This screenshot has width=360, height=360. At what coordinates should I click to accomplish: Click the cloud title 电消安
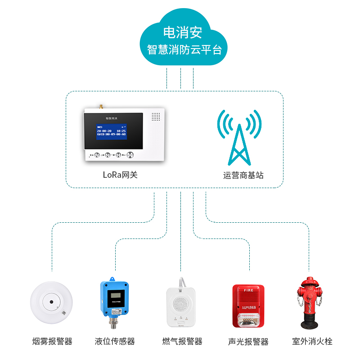tap(182, 32)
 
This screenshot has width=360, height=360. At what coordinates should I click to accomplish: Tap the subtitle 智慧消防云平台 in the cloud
tap(184, 49)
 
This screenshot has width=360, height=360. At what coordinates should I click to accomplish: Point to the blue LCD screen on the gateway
tap(111, 131)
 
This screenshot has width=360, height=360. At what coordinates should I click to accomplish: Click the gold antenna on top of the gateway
tap(101, 107)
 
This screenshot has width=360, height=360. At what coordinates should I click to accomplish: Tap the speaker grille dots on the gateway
tap(156, 117)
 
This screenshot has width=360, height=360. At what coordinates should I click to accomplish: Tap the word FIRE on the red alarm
tap(249, 291)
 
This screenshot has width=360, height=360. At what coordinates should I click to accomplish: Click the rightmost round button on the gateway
tap(130, 155)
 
